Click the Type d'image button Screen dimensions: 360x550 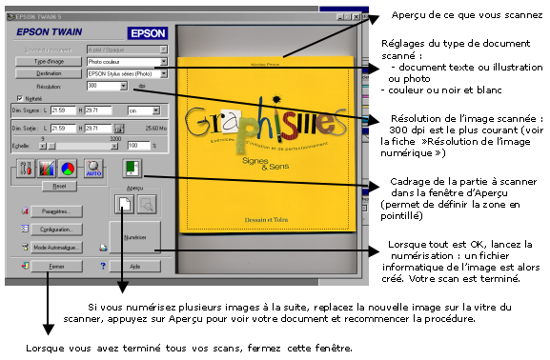click(x=47, y=60)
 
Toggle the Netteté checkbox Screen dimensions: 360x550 click(x=19, y=98)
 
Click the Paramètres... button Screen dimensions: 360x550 click(x=58, y=210)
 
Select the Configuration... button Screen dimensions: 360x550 click(x=58, y=230)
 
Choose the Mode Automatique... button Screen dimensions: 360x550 click(x=58, y=248)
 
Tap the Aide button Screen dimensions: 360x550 click(x=134, y=267)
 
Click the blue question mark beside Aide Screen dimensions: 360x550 click(x=102, y=267)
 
